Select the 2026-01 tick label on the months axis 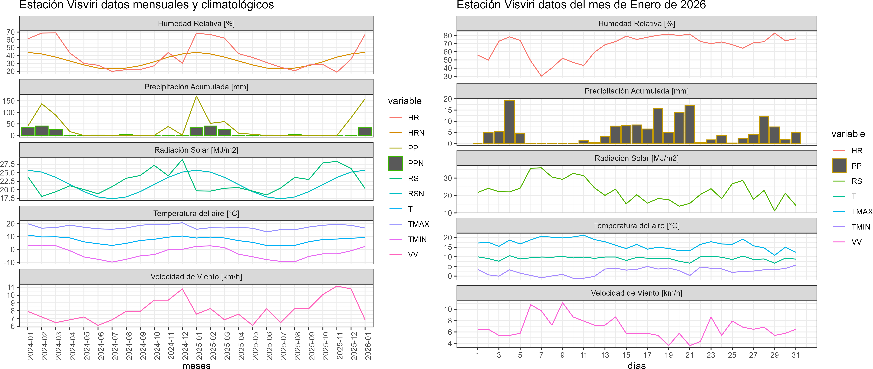point(368,346)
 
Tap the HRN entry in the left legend point(416,133)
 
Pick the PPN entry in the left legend point(416,163)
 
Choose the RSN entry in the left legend point(416,194)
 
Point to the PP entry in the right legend point(856,166)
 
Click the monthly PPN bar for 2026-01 point(365,132)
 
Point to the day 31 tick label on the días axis point(795,355)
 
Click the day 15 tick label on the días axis point(626,355)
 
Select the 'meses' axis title point(196,365)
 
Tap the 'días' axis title point(636,365)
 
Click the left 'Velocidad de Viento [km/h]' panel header point(196,277)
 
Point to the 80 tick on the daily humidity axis point(448,36)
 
